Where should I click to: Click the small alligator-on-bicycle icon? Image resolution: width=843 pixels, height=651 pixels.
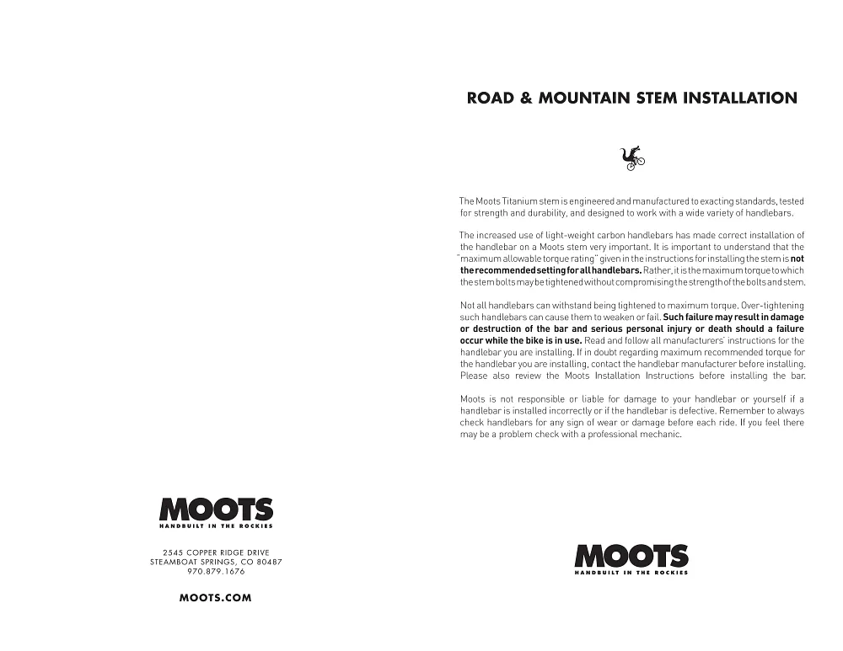[x=632, y=157]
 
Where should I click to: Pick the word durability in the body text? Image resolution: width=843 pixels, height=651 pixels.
[x=554, y=213]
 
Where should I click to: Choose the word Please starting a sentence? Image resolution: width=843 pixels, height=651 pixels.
[x=474, y=376]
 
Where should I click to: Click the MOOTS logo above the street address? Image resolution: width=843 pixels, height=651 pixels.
[x=216, y=510]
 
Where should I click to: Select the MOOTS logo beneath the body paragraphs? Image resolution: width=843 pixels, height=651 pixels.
[x=631, y=558]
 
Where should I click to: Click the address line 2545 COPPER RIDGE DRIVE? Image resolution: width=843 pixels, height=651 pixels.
[x=216, y=552]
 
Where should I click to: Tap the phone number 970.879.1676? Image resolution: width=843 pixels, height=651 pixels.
[x=216, y=571]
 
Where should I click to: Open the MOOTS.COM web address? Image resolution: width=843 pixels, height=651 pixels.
[x=216, y=598]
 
